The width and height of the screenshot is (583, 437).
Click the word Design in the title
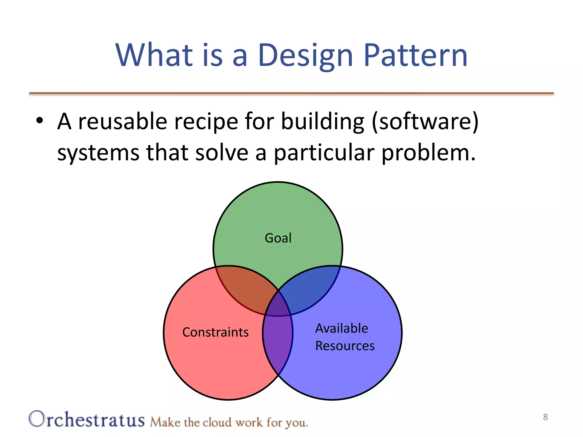305,55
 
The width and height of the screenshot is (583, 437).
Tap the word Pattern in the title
415,55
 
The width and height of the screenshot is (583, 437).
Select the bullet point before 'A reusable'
40,121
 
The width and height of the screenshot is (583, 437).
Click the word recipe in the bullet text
206,121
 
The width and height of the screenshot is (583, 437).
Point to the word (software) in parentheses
425,121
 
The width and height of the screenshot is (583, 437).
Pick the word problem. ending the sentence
428,153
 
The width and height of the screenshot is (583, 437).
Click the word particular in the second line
324,152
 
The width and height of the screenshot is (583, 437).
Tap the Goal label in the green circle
278,238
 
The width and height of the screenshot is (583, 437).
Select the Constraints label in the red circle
215,332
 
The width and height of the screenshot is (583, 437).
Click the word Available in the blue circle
342,328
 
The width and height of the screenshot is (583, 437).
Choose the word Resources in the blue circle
345,346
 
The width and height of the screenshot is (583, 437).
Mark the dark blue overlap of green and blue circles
310,287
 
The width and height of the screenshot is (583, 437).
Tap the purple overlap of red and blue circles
278,341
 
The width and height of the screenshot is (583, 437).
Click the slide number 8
545,417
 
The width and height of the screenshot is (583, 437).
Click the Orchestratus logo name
87,420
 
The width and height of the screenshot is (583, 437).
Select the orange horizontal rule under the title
291,93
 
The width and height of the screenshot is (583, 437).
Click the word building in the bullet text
323,121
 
